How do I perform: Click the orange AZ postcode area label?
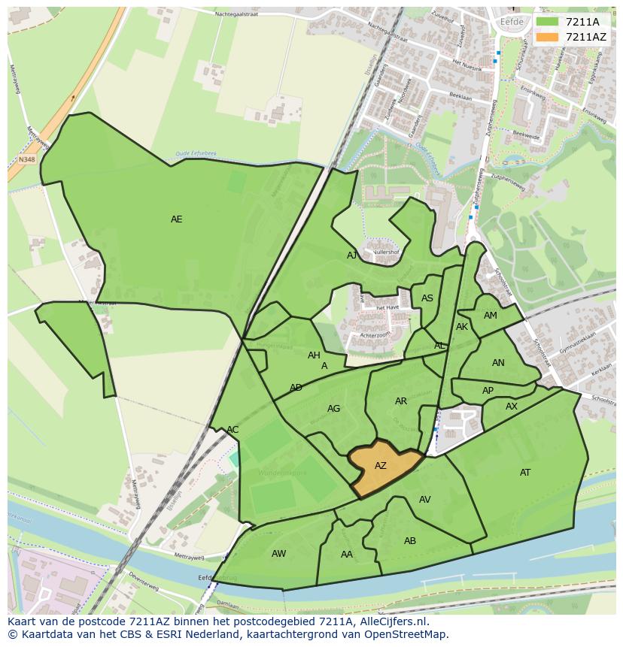(x=381, y=466)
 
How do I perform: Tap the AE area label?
(x=176, y=219)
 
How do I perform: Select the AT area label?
(x=525, y=473)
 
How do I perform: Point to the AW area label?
(x=278, y=554)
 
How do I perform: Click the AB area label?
(x=410, y=541)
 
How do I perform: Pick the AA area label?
(x=347, y=555)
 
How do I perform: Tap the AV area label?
(x=425, y=500)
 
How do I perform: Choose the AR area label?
(x=401, y=401)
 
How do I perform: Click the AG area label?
(x=334, y=409)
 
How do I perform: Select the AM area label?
(x=491, y=316)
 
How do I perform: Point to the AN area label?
(x=498, y=363)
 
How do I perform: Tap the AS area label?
(x=427, y=298)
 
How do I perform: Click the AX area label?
(x=512, y=407)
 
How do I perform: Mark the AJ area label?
(x=352, y=255)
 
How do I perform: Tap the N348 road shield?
(x=27, y=159)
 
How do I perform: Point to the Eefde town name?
(x=511, y=23)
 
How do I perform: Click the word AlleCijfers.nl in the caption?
(x=391, y=621)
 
